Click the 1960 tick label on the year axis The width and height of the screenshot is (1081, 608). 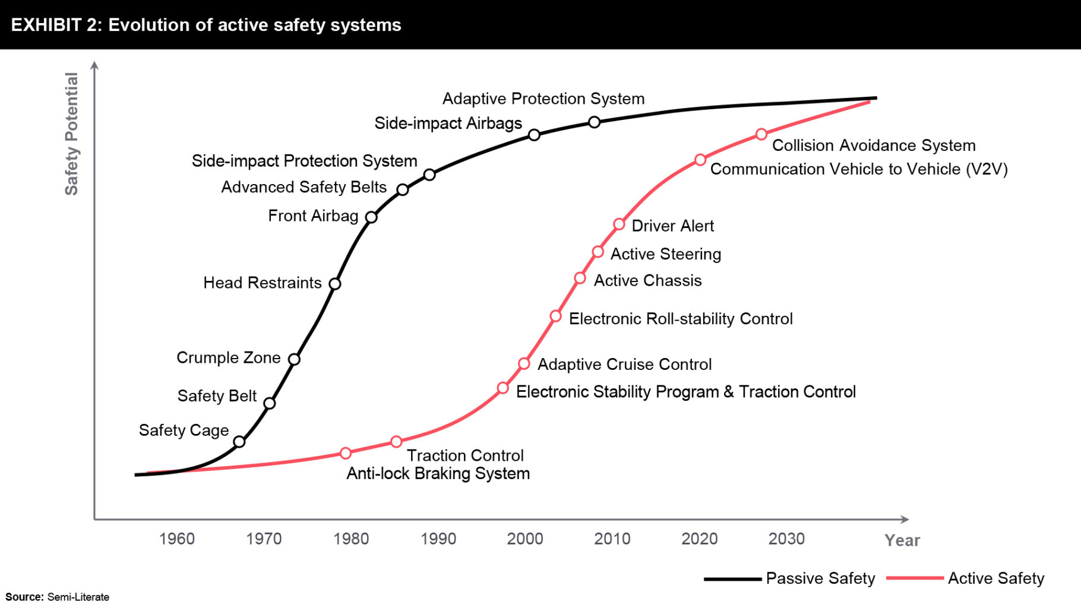point(176,539)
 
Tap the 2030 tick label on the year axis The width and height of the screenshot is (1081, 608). point(786,539)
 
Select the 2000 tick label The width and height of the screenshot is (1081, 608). point(525,539)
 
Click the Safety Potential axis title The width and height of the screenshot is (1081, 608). point(71,134)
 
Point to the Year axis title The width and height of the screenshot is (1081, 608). point(902,540)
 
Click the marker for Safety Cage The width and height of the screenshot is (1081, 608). point(239,442)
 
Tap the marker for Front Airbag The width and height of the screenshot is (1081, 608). point(371,217)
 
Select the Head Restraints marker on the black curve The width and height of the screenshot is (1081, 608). point(335,284)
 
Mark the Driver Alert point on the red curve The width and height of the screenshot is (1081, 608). point(619,224)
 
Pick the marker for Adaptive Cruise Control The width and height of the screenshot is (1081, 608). point(524,363)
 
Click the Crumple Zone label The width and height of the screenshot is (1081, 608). point(228,357)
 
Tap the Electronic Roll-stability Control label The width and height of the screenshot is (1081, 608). point(681,319)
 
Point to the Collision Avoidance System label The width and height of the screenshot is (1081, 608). point(873,145)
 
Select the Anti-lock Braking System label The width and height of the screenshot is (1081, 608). point(438,473)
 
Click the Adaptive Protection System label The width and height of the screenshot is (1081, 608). point(543,99)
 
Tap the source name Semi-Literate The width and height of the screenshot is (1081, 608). point(78,597)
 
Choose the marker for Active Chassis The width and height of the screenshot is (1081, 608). point(580,278)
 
